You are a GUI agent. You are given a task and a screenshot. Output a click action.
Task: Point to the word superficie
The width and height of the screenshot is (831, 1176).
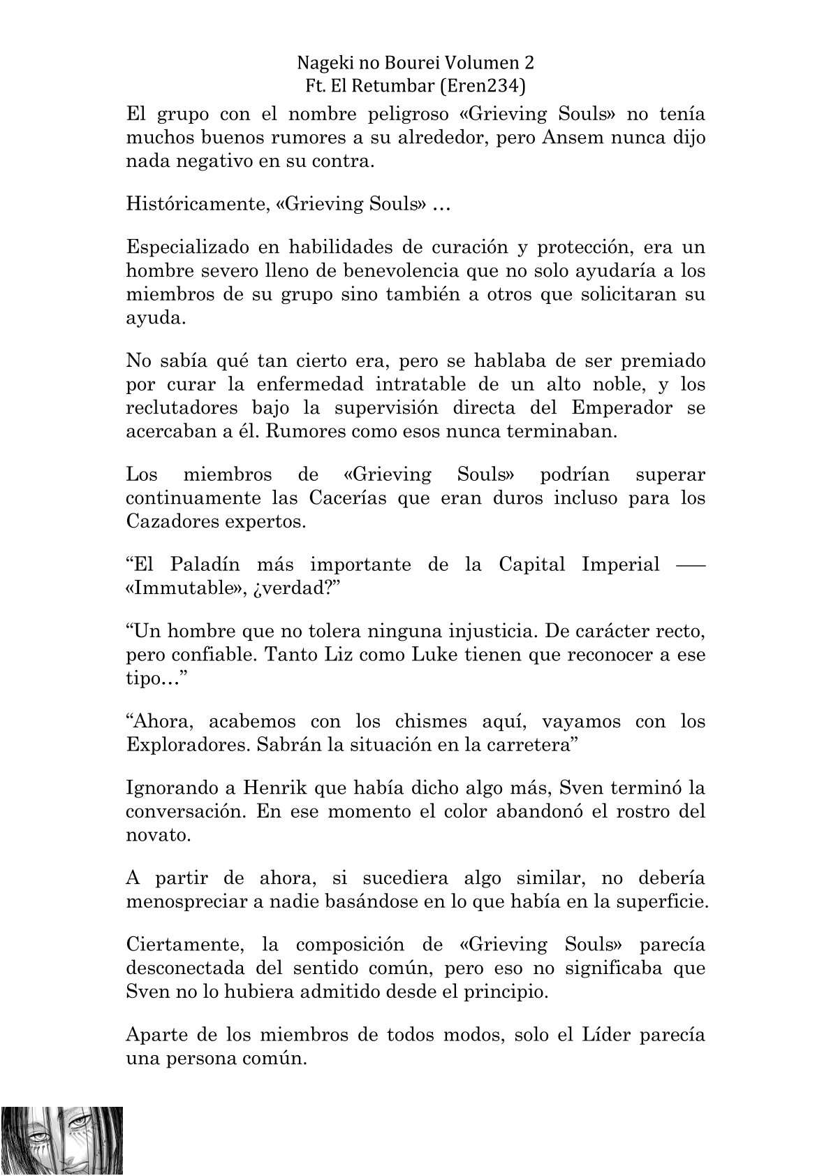point(660,901)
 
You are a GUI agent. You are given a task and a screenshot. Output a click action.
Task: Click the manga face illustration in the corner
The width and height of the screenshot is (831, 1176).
point(63,1138)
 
